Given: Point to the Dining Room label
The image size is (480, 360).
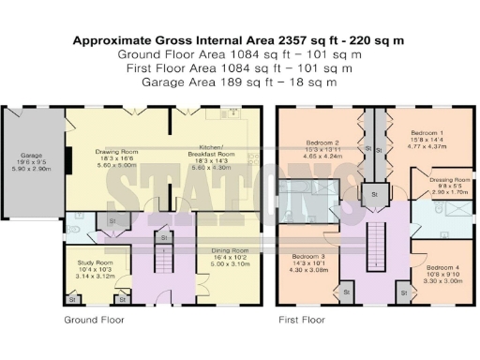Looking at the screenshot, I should click(x=229, y=250).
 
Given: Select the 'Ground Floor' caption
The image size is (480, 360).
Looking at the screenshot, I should click(x=93, y=320).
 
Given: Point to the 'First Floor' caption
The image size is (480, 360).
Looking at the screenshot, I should click(x=302, y=320).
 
